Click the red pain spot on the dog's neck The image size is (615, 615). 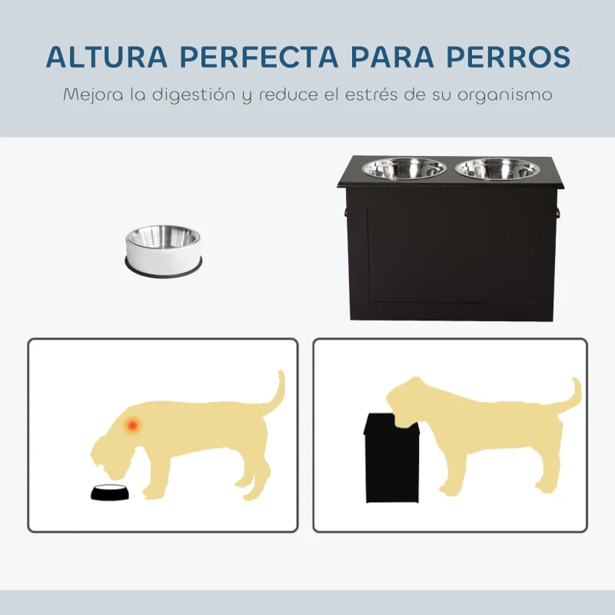133,424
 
